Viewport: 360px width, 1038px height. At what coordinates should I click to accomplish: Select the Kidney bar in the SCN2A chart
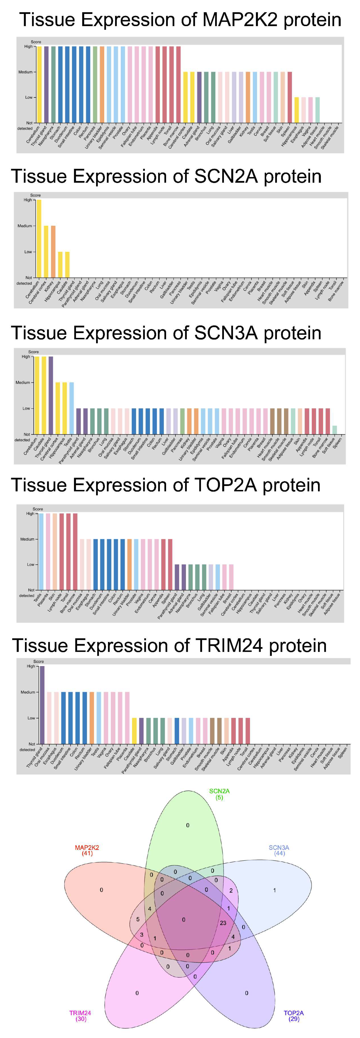(53, 251)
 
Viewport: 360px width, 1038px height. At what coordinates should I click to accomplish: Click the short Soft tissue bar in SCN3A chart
(334, 430)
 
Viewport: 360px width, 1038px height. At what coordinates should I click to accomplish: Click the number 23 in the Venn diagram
(223, 923)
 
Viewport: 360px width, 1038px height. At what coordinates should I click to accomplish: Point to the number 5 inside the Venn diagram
(138, 919)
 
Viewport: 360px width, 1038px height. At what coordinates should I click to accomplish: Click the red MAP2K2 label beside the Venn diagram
(87, 847)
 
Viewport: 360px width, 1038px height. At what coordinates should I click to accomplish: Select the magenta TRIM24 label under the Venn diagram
(80, 1013)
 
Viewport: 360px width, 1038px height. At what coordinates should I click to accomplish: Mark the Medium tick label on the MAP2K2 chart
(25, 72)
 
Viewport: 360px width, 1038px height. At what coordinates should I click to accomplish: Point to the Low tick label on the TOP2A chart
(31, 565)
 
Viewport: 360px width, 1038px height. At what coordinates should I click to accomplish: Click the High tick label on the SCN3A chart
(26, 357)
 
